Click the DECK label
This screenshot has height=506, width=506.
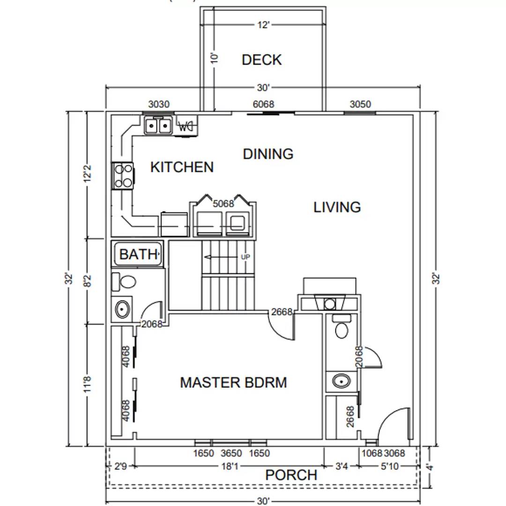(x=261, y=60)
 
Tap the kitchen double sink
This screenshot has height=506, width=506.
(x=158, y=126)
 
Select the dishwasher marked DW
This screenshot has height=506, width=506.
(x=186, y=126)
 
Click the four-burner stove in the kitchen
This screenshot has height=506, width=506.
(x=123, y=176)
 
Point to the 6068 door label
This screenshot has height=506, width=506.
(x=263, y=104)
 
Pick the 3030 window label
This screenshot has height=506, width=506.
(x=159, y=104)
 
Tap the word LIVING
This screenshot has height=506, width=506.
(x=337, y=207)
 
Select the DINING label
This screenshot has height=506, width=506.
(x=268, y=154)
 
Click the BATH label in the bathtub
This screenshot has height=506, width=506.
(x=137, y=254)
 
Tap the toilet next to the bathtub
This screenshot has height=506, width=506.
(x=124, y=283)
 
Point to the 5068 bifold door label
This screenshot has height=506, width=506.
(x=223, y=204)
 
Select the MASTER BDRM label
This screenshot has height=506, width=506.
(x=233, y=382)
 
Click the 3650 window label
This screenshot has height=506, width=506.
(x=231, y=454)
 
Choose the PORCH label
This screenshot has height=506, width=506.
(x=291, y=475)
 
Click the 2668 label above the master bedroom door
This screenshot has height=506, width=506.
(x=281, y=312)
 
